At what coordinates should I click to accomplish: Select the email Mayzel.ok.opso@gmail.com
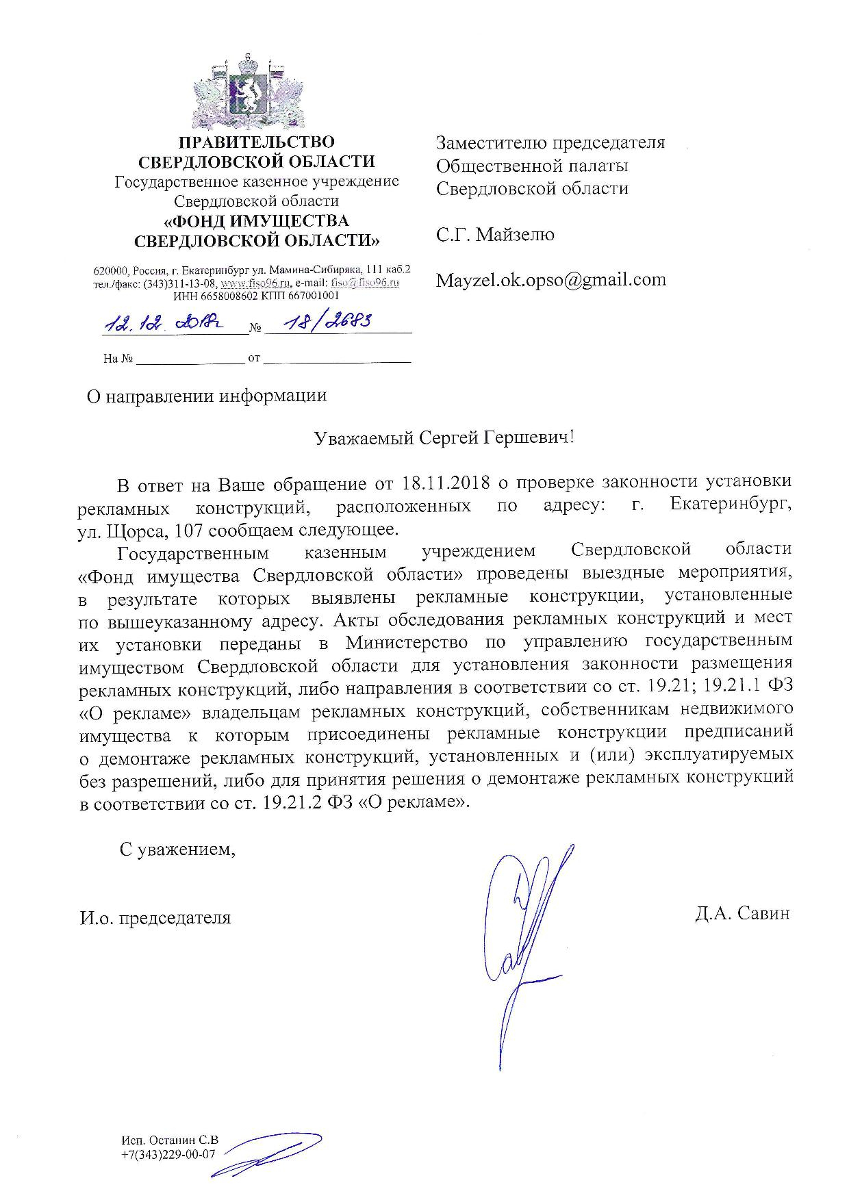tap(551, 280)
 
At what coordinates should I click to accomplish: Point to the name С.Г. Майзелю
tap(496, 235)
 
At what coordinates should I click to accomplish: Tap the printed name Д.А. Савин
tap(742, 914)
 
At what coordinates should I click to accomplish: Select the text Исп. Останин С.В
tap(170, 1140)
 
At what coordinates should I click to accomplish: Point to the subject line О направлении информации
tap(205, 396)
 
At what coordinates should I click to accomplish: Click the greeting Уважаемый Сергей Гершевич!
tap(443, 438)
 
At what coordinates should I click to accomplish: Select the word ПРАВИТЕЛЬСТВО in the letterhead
tap(257, 142)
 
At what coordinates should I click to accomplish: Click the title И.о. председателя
tap(155, 917)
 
